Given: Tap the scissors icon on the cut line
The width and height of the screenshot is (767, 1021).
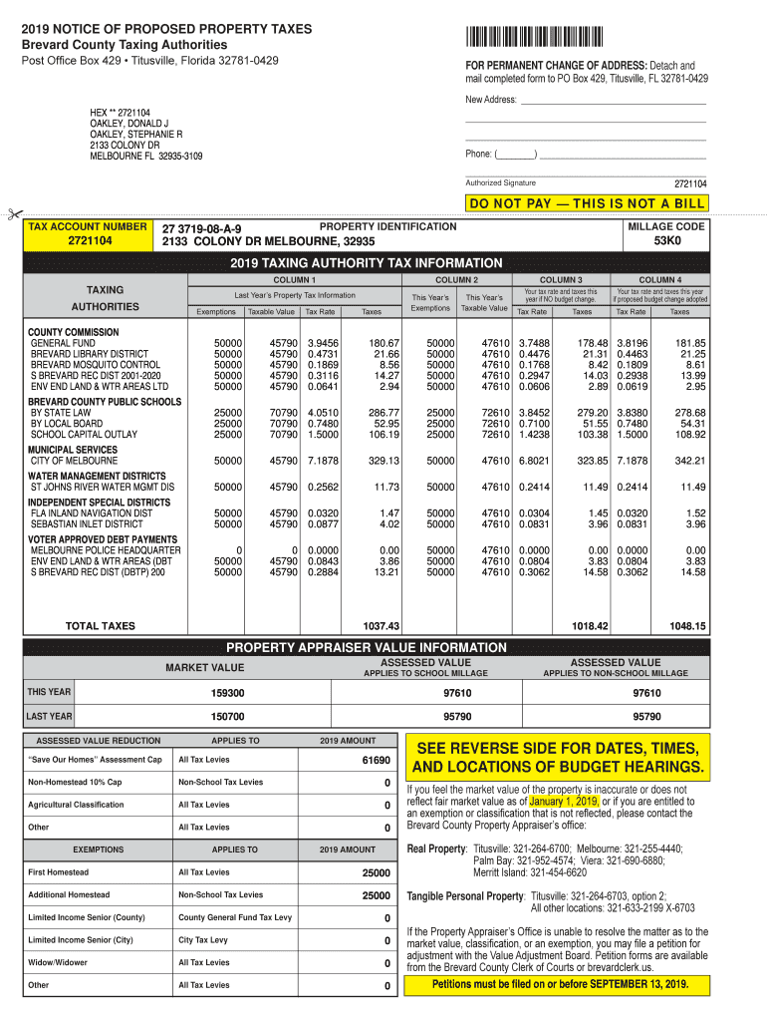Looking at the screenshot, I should pyautogui.click(x=12, y=214).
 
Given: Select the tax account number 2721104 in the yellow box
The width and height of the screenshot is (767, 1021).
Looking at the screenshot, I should pyautogui.click(x=90, y=241).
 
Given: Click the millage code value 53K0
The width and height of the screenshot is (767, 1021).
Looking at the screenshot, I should pyautogui.click(x=666, y=241).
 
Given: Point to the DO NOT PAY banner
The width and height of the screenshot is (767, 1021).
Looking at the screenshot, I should pyautogui.click(x=587, y=203).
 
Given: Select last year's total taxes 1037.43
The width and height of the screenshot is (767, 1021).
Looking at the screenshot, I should pyautogui.click(x=381, y=626).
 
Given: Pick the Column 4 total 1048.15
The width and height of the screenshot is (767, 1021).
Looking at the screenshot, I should pyautogui.click(x=687, y=626).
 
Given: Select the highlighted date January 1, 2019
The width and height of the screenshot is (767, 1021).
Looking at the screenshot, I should pyautogui.click(x=564, y=801).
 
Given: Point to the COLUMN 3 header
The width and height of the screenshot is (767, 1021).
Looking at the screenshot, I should pyautogui.click(x=561, y=280).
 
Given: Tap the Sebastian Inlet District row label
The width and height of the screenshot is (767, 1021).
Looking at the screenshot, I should pyautogui.click(x=87, y=523).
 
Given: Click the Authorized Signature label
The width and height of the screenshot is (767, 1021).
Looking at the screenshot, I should pyautogui.click(x=500, y=182).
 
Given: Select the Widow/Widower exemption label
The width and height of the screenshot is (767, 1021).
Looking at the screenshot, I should pyautogui.click(x=58, y=963).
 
